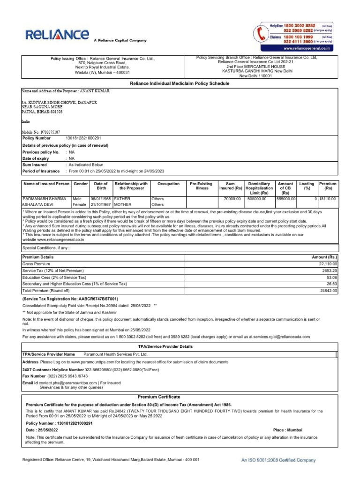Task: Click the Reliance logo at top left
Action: click(57, 35)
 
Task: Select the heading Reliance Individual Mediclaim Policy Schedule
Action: click(180, 83)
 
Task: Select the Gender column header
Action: click(80, 184)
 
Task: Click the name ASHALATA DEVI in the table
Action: click(39, 205)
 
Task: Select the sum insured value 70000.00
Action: click(232, 199)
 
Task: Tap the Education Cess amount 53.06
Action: click(330, 277)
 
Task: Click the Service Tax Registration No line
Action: click(70, 298)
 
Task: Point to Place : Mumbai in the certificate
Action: click(287, 430)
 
